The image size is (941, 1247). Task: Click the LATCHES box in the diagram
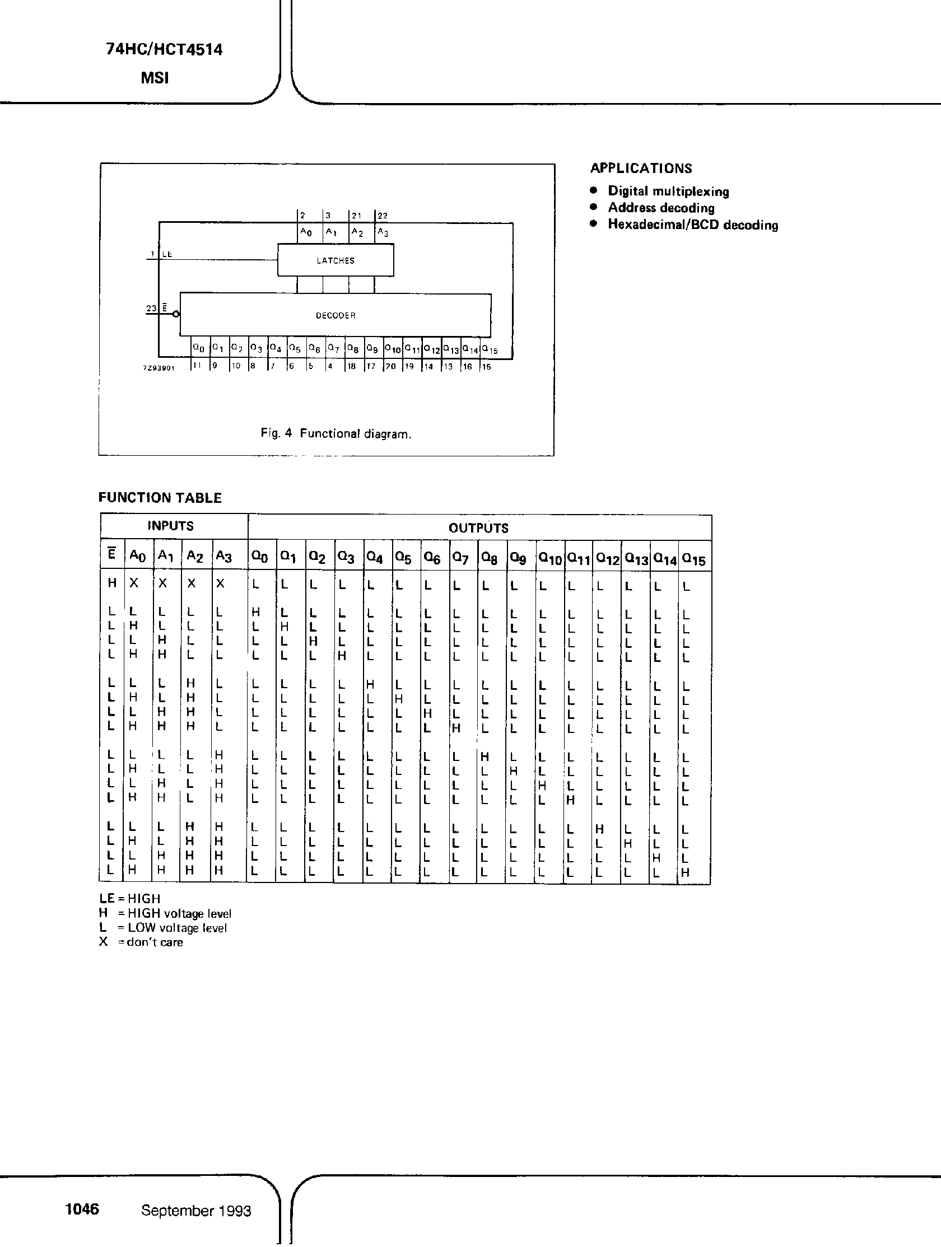[336, 260]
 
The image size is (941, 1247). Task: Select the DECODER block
[336, 315]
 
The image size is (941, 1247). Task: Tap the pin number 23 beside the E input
[151, 309]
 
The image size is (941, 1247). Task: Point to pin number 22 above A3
[383, 216]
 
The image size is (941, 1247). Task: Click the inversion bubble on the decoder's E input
[176, 314]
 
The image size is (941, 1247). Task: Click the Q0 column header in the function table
[260, 558]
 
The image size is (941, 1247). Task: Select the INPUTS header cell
[171, 526]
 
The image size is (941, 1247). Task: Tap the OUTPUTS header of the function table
[479, 528]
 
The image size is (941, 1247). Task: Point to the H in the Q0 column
[255, 611]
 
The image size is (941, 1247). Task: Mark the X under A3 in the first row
[221, 584]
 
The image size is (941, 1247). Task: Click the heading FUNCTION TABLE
[160, 498]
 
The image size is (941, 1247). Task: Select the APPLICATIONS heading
[641, 168]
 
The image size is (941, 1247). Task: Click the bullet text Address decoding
[661, 208]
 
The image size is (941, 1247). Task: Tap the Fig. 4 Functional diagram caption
[336, 433]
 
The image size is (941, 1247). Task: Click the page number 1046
[82, 1209]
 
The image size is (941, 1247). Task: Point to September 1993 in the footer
[195, 1211]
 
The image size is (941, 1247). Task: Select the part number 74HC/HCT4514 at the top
[164, 50]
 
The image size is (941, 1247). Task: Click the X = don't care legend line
[141, 942]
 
